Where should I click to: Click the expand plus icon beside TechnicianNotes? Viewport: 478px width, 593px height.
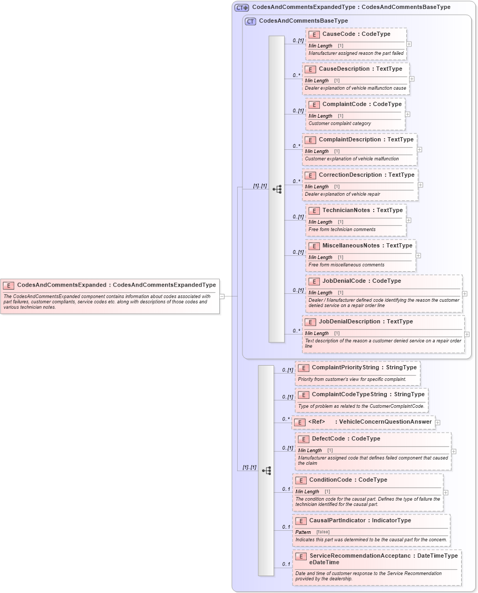408,220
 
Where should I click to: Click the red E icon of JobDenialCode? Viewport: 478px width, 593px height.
314,281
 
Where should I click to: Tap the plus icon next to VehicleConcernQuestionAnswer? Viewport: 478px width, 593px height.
438,422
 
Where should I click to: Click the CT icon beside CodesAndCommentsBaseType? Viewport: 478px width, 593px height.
251,21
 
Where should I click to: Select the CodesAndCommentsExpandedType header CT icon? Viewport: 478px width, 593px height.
242,7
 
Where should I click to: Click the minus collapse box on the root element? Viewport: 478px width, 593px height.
222,296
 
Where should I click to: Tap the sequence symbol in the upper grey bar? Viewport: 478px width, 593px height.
277,189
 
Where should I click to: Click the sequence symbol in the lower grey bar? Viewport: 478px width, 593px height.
266,470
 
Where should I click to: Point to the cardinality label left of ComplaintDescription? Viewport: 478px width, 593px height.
297,146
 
